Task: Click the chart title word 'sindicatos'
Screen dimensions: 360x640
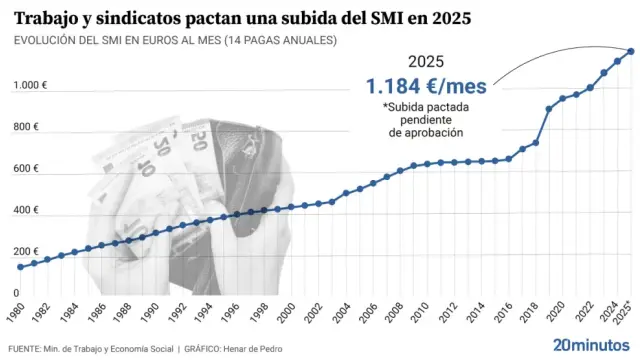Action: [x=139, y=18]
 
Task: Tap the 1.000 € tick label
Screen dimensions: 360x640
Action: [x=31, y=85]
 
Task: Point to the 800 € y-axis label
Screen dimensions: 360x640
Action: [x=26, y=127]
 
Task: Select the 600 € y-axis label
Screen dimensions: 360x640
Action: [x=26, y=169]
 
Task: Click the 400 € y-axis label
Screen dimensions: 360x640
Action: [x=26, y=211]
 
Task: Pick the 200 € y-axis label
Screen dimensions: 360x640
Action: [x=26, y=252]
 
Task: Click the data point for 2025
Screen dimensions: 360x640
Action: [x=630, y=51]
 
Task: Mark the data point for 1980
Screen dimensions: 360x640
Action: [x=20, y=267]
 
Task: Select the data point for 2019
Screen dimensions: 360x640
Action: [x=549, y=109]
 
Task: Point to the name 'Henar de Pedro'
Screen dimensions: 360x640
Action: [x=292, y=348]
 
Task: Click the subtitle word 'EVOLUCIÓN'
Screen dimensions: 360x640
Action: [x=49, y=40]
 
